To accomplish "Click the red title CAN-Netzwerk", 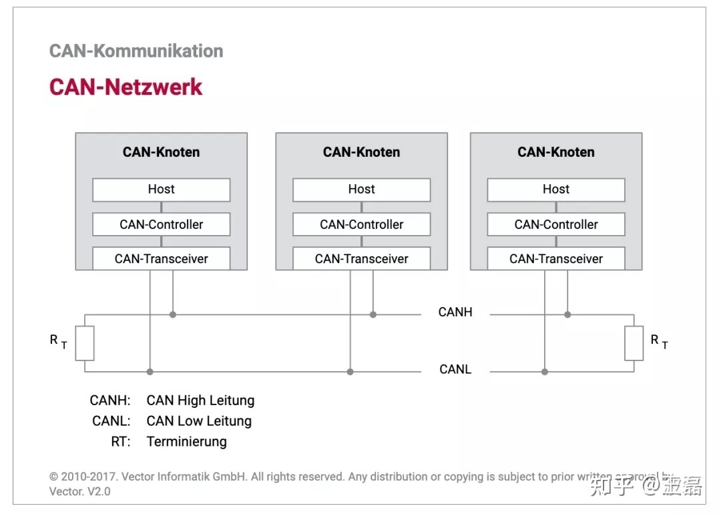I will point(126,87).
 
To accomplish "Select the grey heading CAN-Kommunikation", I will point(136,51).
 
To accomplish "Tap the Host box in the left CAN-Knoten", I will point(161,190).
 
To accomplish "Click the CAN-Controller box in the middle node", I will point(361,224).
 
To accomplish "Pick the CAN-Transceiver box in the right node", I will point(555,259).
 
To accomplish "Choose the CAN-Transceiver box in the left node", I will point(161,259).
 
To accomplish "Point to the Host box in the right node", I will point(555,190).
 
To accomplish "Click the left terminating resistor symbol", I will point(85,343).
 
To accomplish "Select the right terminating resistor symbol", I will point(634,343).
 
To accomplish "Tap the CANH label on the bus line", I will point(455,312).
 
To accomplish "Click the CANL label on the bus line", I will point(455,370).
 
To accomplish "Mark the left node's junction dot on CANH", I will point(173,314).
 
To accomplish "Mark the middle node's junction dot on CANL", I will point(350,372).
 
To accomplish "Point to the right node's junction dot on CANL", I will point(545,372).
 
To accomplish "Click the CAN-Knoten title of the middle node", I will point(361,152).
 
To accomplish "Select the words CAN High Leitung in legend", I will point(200,401).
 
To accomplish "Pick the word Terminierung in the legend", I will point(186,442).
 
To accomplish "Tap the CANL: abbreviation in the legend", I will point(111,421).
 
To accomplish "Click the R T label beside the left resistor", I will point(58,342).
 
